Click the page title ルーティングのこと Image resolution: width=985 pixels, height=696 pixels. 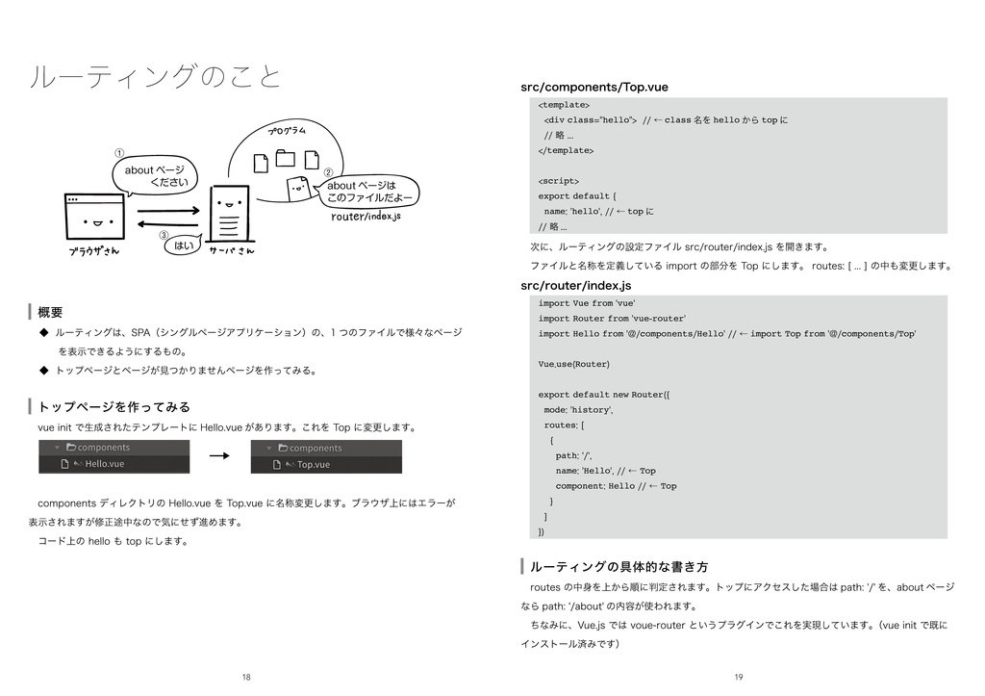click(156, 76)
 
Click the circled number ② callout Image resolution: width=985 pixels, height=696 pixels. click(327, 169)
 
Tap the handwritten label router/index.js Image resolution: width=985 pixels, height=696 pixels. click(366, 216)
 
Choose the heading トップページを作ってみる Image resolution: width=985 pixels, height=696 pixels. click(114, 406)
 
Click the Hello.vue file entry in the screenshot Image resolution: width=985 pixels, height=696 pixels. click(104, 464)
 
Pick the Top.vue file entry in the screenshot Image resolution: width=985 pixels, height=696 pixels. click(313, 464)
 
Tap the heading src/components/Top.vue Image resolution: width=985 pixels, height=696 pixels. click(594, 88)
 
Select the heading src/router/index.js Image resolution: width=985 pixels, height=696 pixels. click(575, 285)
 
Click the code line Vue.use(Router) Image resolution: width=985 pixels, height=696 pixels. click(573, 364)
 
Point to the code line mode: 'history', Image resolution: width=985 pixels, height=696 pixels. click(579, 409)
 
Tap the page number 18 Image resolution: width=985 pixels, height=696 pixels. click(246, 678)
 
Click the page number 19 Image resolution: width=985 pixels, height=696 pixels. click(738, 678)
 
